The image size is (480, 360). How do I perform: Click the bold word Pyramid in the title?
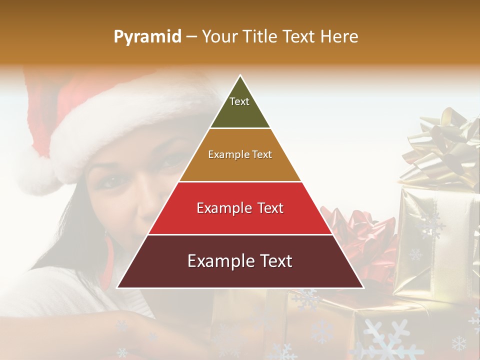point(147,36)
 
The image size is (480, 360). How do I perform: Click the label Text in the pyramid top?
point(239,101)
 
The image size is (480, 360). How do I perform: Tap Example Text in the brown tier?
point(240,154)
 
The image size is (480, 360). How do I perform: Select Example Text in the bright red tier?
point(240,208)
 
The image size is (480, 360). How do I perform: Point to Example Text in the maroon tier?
point(240,261)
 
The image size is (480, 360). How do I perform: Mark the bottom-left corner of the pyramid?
point(117,288)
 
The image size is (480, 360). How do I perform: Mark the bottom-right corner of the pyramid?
point(363,288)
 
